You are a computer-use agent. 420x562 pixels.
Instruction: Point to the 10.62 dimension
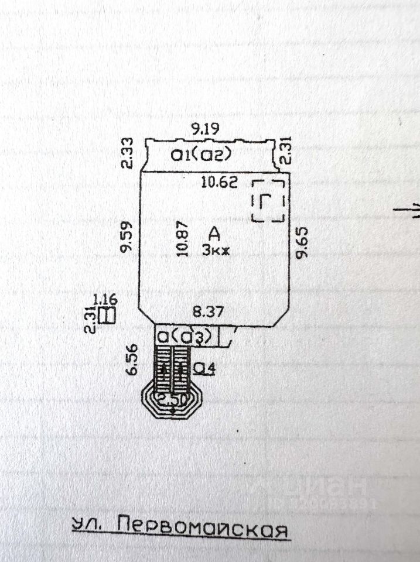219,183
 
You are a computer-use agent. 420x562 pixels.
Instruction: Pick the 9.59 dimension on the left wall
127,237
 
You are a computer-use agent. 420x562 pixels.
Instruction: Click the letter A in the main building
215,234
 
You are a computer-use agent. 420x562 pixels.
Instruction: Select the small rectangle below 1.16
107,315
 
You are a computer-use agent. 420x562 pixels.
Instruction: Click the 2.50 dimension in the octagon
172,400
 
